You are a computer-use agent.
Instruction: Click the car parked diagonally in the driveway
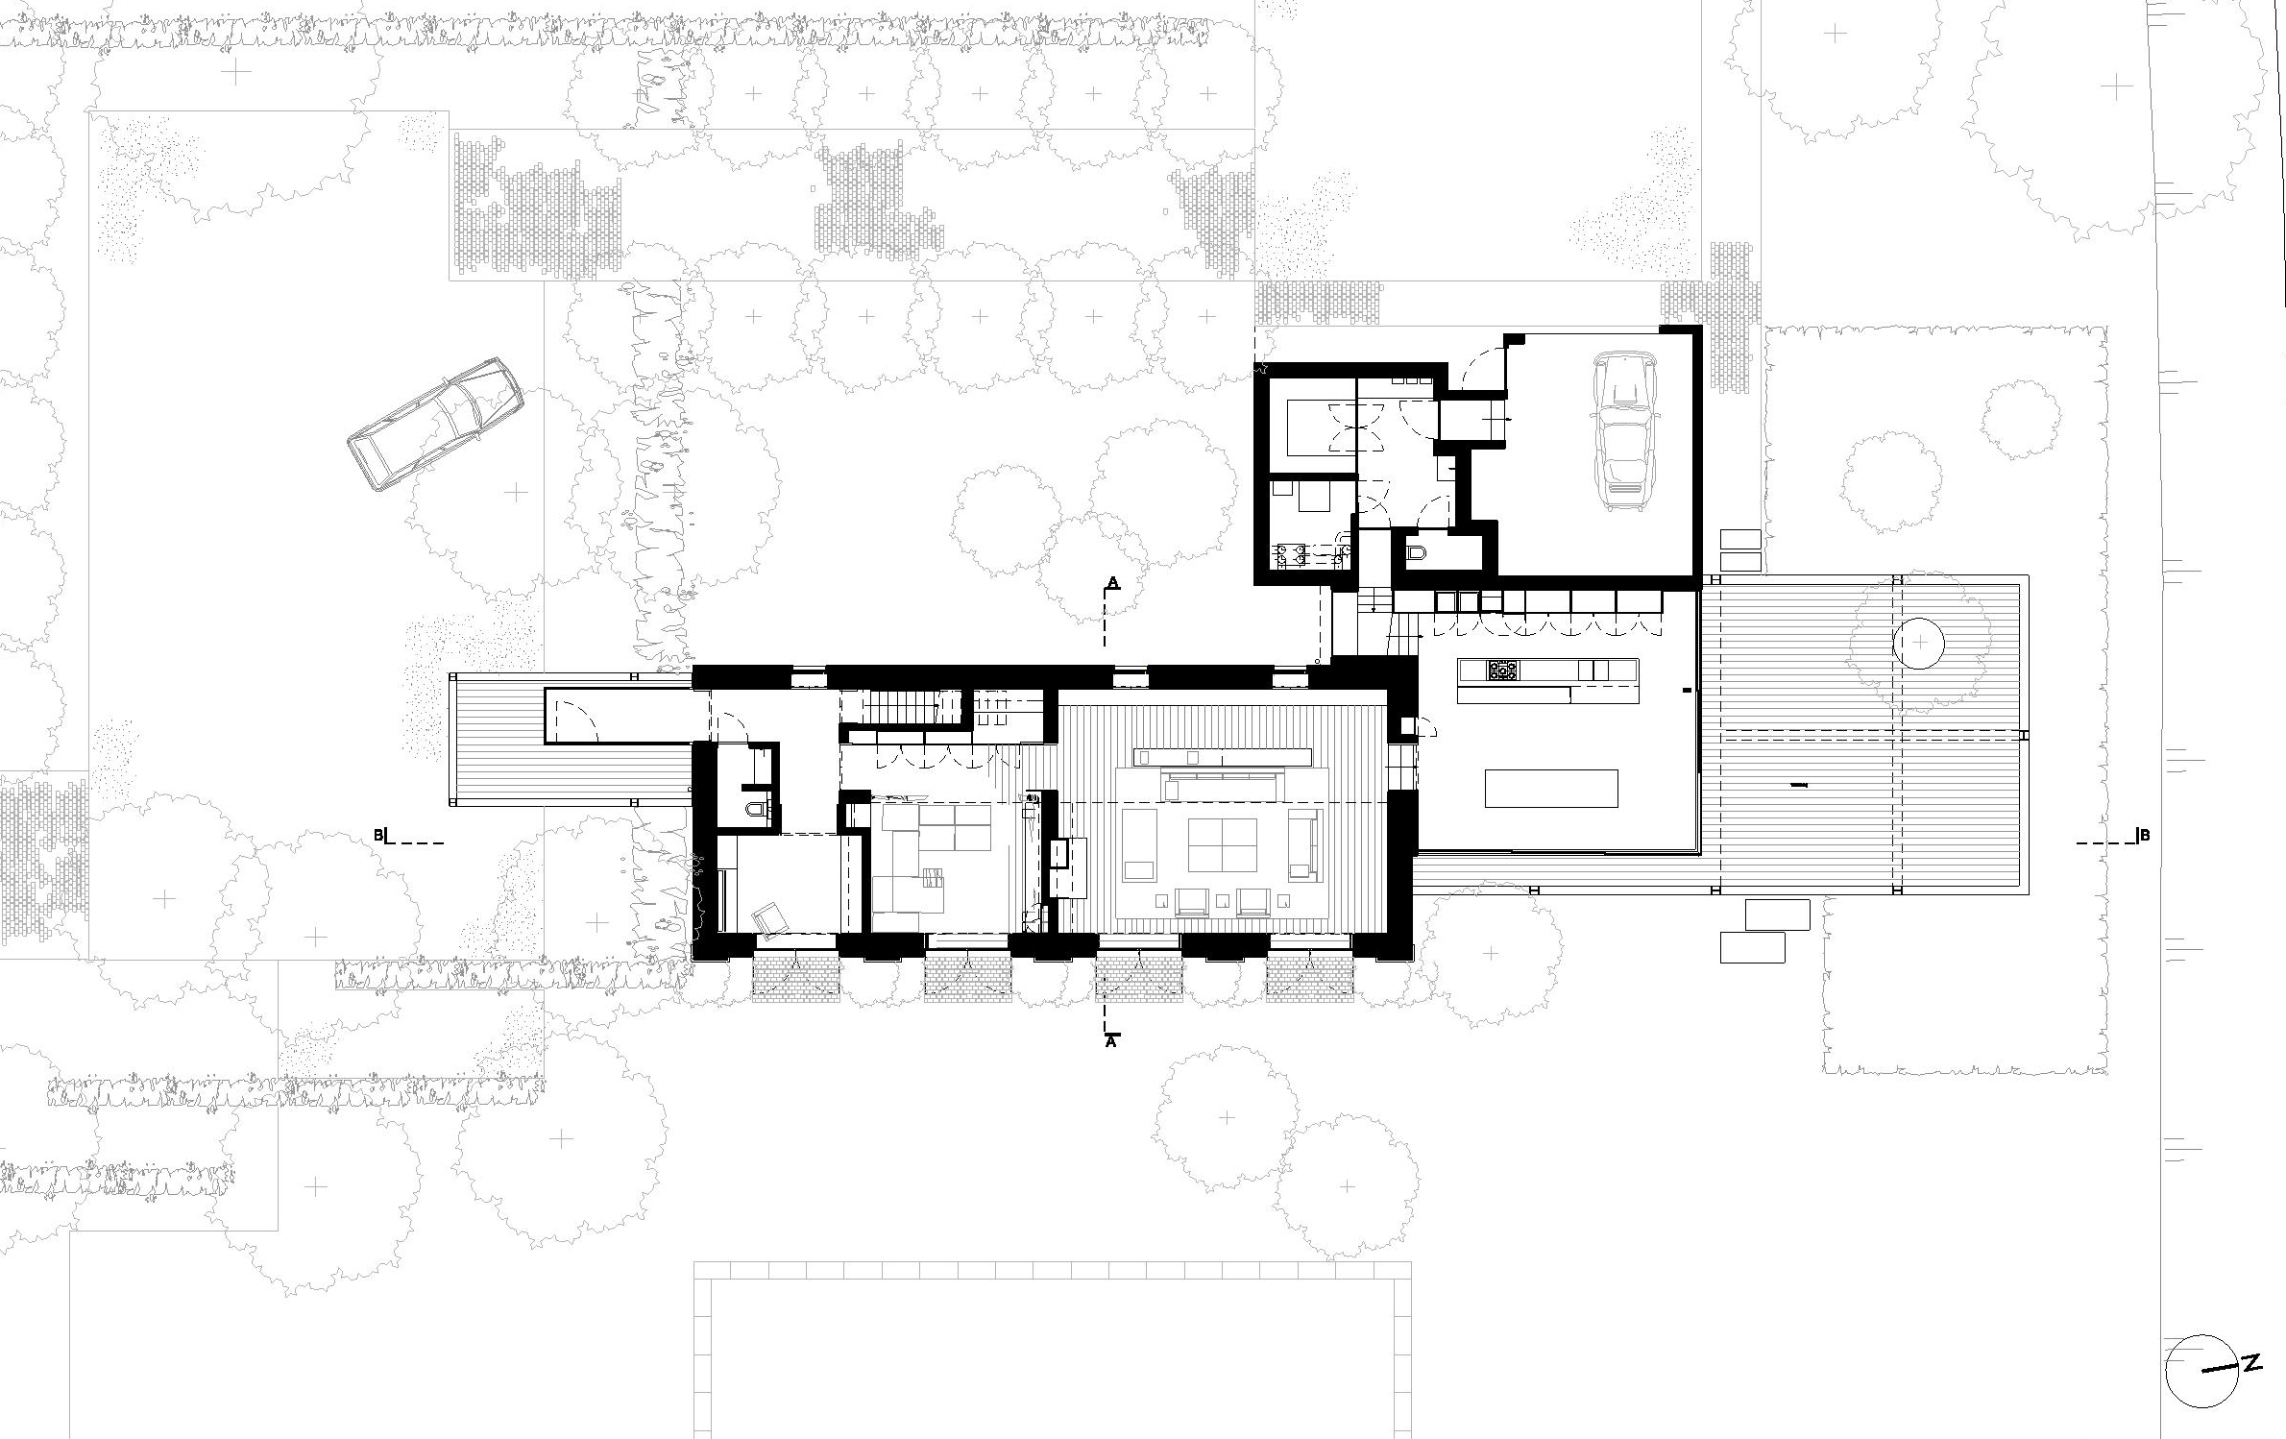click(436, 423)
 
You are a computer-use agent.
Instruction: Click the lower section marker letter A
click(1112, 1040)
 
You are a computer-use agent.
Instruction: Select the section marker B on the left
click(378, 836)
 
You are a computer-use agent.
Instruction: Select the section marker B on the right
click(2146, 836)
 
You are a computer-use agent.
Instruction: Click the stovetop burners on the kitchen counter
click(1500, 669)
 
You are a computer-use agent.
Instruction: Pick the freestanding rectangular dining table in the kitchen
click(1551, 789)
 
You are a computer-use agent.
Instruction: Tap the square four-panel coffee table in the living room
click(1222, 844)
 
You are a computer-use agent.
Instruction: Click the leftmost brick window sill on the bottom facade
click(796, 976)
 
